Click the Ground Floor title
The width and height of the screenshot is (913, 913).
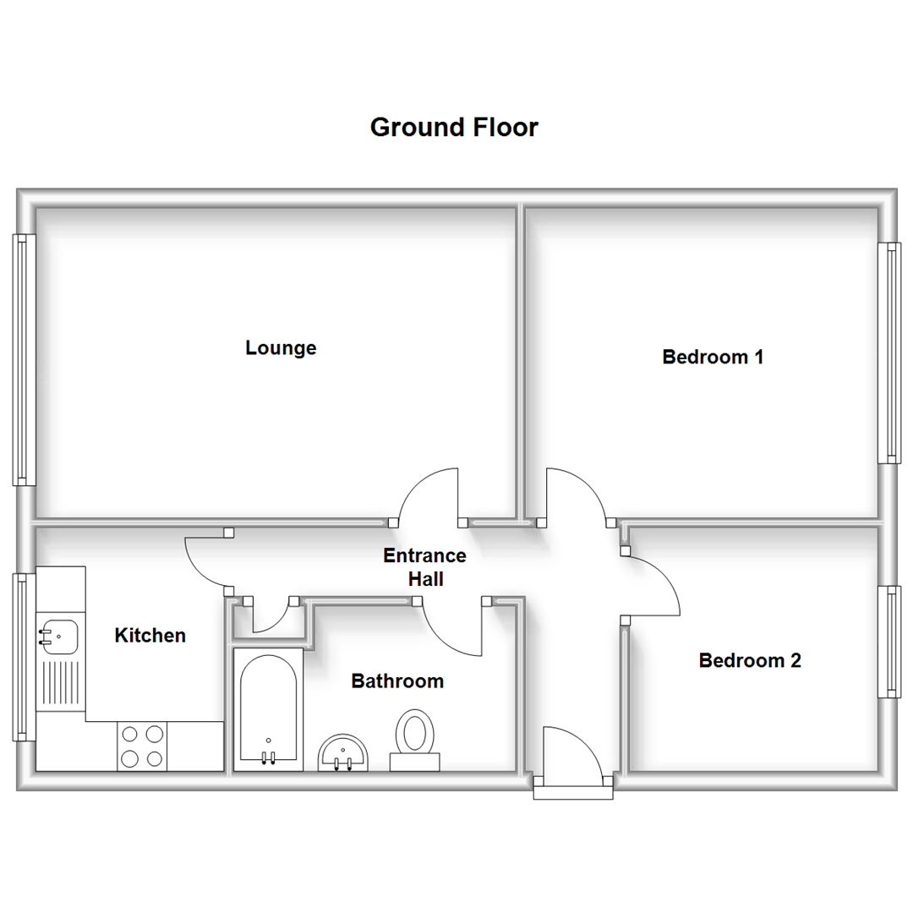coord(454,128)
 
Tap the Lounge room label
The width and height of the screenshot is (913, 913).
coord(281,347)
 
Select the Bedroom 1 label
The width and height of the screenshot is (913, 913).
coord(713,357)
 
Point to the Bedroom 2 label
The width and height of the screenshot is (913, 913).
coord(750,660)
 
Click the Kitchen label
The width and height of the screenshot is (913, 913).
coord(150,635)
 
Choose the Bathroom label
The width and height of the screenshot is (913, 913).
coord(397,681)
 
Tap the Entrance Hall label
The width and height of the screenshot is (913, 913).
coord(425,567)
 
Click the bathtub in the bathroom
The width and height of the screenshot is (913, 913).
coord(268,708)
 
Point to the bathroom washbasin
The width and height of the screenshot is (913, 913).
coord(344,751)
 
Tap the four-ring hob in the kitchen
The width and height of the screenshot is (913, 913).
coord(142,746)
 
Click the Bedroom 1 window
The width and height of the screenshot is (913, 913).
coord(888,353)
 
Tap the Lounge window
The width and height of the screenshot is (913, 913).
coord(24,359)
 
